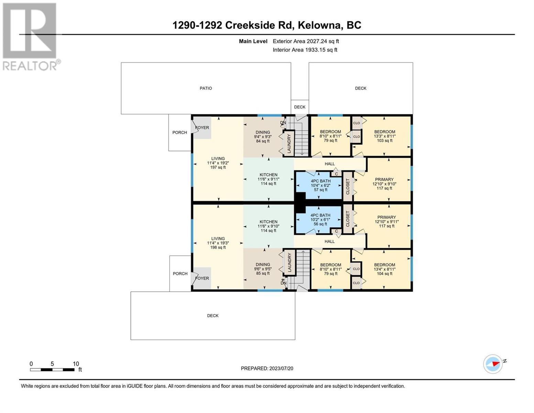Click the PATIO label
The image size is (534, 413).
206,88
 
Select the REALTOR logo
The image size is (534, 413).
31,37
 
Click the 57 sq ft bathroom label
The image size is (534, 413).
320,185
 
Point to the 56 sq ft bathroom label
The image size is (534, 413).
320,220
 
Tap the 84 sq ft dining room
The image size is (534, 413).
263,137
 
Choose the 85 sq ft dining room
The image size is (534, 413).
263,268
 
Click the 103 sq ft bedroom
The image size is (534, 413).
384,136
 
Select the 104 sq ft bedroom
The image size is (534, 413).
384,269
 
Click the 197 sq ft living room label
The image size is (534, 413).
218,163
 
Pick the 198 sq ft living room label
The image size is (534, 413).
218,243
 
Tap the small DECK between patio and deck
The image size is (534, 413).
300,107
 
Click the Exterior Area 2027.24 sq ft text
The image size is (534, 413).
306,41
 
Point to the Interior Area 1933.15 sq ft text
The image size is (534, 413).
305,50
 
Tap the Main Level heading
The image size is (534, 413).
253,41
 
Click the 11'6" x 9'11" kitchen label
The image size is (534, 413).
268,179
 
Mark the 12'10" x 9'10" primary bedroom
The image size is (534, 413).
384,184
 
